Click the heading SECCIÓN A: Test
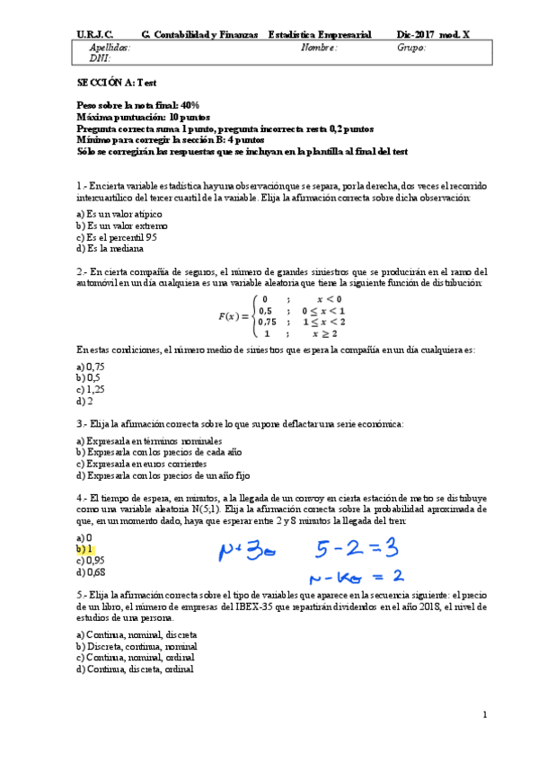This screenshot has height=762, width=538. click(x=110, y=82)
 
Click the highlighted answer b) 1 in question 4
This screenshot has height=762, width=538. click(x=86, y=548)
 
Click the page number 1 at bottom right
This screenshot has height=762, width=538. click(x=484, y=714)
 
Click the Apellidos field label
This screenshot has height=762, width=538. click(x=110, y=48)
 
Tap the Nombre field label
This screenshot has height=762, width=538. click(x=320, y=48)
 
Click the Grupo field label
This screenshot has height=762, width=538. click(x=410, y=48)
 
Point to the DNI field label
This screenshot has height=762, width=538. click(x=100, y=58)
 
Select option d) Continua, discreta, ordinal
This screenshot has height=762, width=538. click(x=135, y=669)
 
